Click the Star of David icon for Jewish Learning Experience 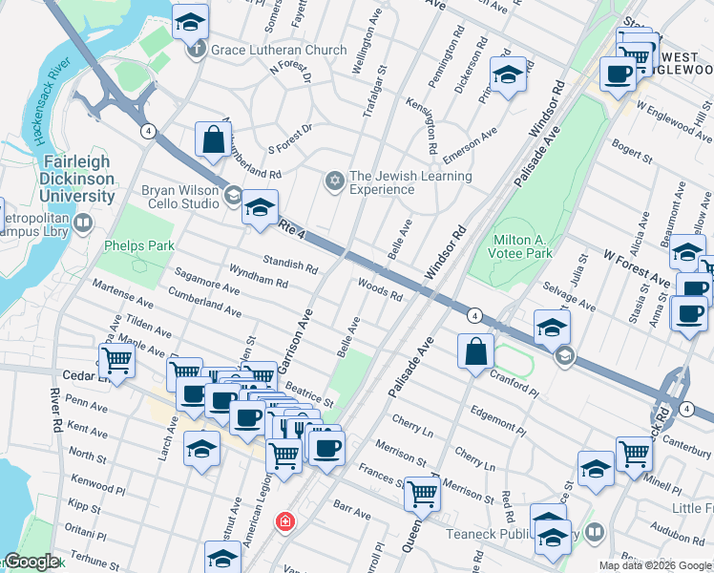pyautogui.click(x=334, y=180)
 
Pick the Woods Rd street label pyautogui.click(x=380, y=289)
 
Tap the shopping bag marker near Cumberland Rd pyautogui.click(x=213, y=139)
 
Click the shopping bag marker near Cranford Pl pyautogui.click(x=475, y=351)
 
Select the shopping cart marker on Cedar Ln pyautogui.click(x=116, y=361)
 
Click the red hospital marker pyautogui.click(x=284, y=521)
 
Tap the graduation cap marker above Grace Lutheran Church pyautogui.click(x=191, y=21)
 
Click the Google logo pyautogui.click(x=32, y=562)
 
